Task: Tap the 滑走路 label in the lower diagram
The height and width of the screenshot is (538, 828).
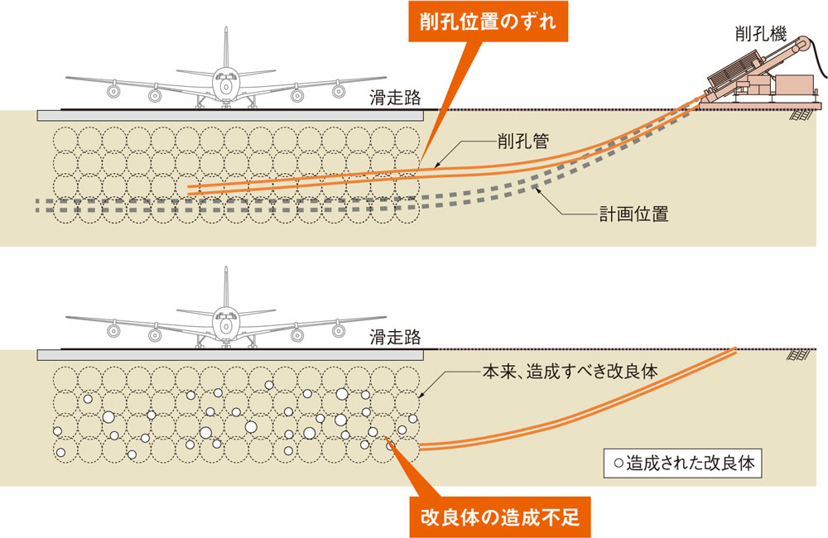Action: [x=395, y=338]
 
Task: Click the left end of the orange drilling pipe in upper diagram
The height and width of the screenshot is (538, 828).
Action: [x=191, y=190]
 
